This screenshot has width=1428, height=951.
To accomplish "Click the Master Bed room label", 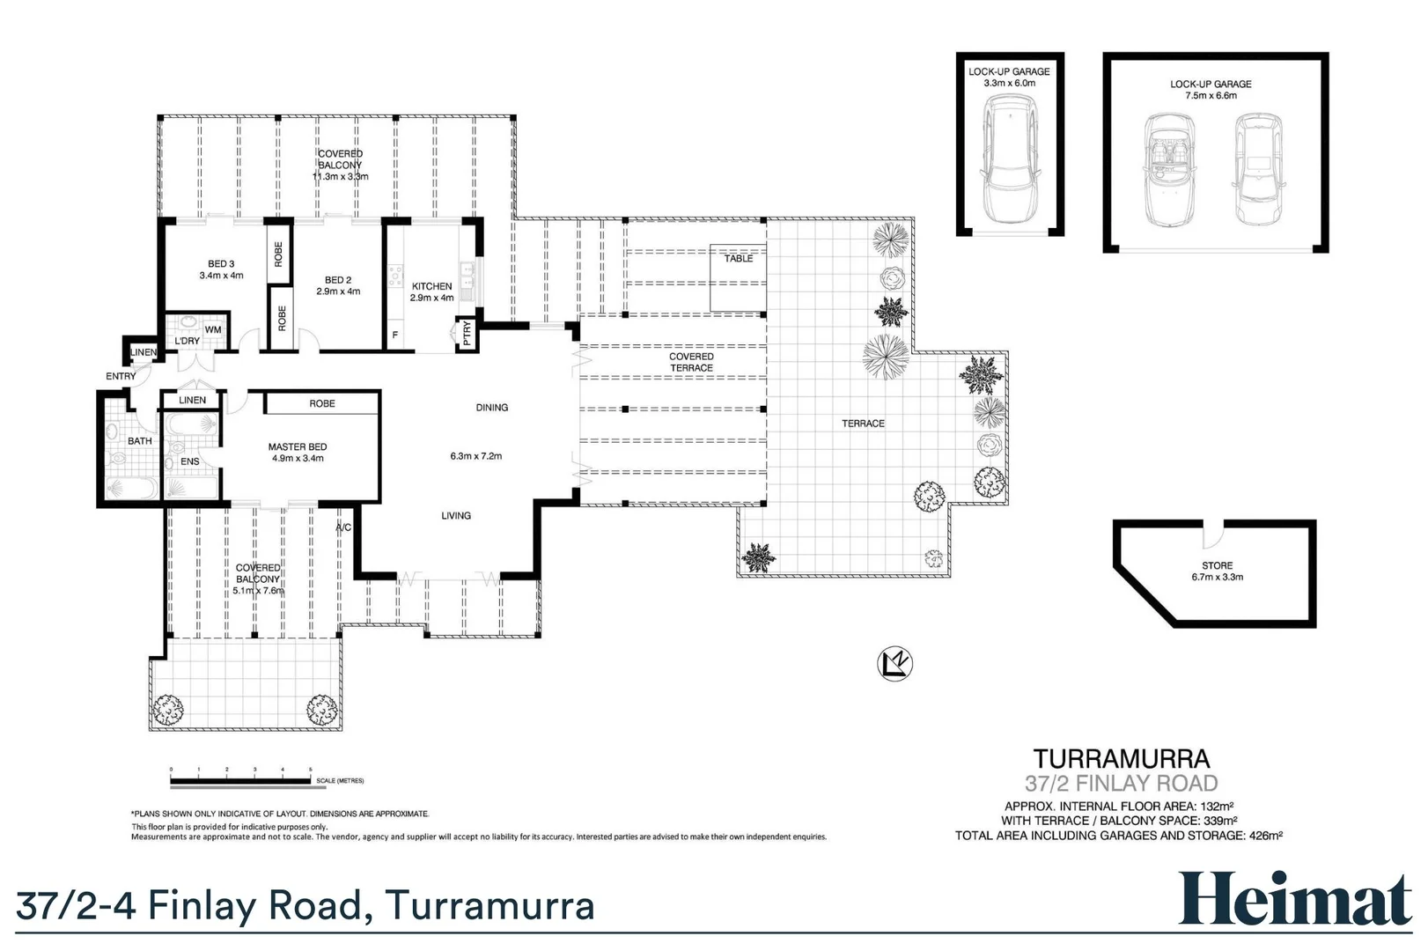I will pos(298,447).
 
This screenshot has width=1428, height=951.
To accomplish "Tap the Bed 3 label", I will pos(221,264).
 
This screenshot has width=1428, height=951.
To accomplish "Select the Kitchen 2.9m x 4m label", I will pos(431,291).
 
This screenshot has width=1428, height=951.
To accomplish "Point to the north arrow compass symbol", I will pos(894,664).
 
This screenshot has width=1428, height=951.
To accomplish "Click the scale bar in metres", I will pos(241,780).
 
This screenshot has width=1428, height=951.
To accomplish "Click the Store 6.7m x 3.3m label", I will pos(1217,571).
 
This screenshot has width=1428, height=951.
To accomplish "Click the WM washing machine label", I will pos(213,330).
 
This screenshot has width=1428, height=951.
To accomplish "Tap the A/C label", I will pos(343,527).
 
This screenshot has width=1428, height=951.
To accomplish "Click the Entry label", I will pos(121,376).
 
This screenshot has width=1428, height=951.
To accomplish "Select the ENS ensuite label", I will pos(189,461).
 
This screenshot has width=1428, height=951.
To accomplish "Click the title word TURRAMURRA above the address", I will pos(1121,759).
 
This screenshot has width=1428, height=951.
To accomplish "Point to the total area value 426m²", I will pos(1265,836).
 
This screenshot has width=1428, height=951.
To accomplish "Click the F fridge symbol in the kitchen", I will pos(394,335).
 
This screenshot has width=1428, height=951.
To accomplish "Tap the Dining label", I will pos(491,408).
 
